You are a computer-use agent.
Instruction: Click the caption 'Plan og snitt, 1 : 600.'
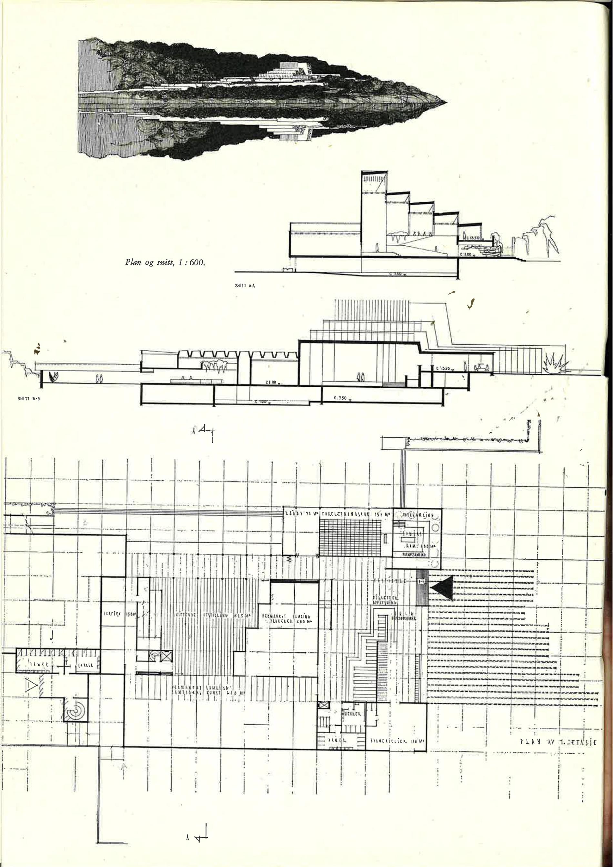165,262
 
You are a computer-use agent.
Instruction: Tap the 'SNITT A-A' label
245,286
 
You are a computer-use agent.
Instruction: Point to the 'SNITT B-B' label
29,398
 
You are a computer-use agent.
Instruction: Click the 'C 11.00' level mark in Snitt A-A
467,255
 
